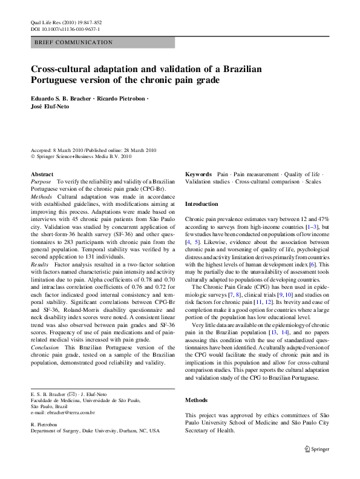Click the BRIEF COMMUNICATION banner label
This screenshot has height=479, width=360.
pos(74,42)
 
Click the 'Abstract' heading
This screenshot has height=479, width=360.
pos(42,174)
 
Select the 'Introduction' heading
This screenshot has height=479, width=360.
pos(201,204)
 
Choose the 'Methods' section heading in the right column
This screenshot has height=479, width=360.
pos(197,400)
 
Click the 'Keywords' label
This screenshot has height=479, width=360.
pos(198,174)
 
